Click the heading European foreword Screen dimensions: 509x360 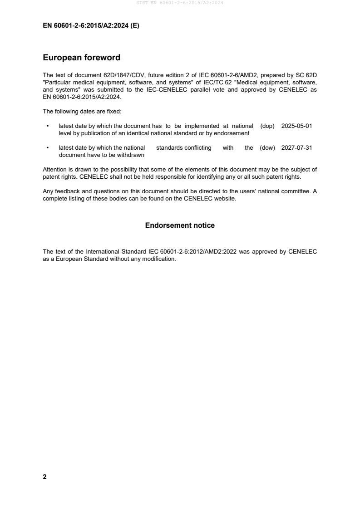[x=81, y=58]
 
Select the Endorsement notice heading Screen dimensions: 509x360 [x=180, y=225]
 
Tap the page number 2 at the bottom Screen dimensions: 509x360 [x=44, y=477]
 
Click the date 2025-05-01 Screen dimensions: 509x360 [x=296, y=126]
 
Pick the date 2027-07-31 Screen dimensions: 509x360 [x=296, y=148]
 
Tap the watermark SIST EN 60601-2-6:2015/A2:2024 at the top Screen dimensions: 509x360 [x=180, y=3]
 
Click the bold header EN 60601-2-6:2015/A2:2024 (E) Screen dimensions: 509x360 [x=91, y=26]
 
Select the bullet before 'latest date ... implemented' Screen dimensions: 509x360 [x=48, y=126]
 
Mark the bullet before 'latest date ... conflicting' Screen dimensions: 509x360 [x=48, y=148]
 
